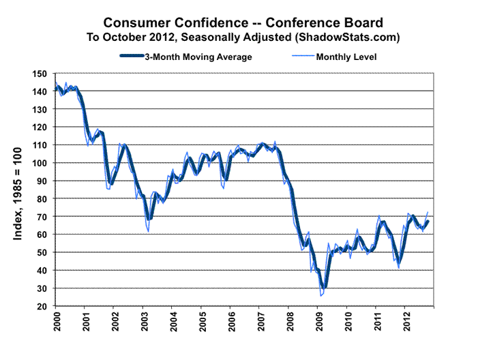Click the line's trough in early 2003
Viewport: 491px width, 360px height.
pyautogui.click(x=148, y=231)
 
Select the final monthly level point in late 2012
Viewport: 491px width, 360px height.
pyautogui.click(x=428, y=212)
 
